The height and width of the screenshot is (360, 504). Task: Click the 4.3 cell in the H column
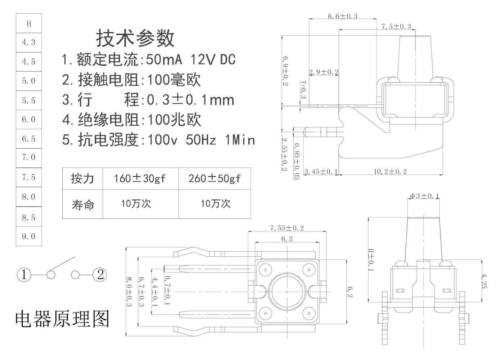(29, 42)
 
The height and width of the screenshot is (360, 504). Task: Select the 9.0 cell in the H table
(29, 237)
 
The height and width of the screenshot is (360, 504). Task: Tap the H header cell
(29, 24)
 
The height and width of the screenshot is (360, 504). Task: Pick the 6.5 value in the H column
(29, 139)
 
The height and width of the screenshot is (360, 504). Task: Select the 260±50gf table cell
(215, 178)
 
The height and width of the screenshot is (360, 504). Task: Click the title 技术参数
(135, 38)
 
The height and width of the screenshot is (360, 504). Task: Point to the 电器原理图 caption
(62, 319)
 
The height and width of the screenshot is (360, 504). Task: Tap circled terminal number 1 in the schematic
(24, 275)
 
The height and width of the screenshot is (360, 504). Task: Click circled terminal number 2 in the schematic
(100, 275)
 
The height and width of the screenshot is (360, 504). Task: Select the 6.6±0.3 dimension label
(342, 16)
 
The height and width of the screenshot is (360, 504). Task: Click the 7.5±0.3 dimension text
(396, 26)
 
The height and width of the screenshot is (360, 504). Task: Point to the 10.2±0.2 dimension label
(390, 172)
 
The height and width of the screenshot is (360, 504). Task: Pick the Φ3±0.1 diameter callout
(424, 196)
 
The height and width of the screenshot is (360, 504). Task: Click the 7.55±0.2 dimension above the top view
(287, 228)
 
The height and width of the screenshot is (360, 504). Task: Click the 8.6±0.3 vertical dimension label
(129, 292)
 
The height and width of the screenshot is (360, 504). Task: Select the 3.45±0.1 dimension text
(321, 172)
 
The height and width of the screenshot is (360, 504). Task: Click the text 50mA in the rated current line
(164, 59)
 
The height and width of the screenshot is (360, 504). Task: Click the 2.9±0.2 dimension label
(323, 72)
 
